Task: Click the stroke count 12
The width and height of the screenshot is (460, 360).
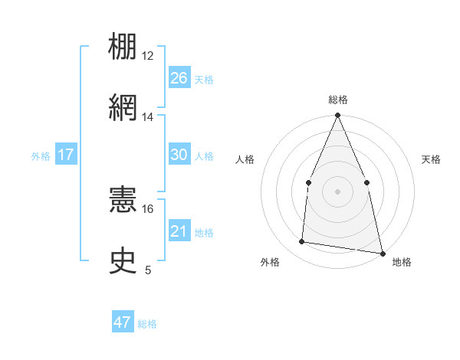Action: [x=148, y=56]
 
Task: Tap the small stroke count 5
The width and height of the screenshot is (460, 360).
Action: [x=148, y=270]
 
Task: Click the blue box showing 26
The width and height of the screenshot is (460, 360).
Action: [x=179, y=78]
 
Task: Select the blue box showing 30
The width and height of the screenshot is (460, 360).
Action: [x=179, y=155]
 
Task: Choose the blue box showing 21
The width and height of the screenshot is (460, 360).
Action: [x=179, y=231]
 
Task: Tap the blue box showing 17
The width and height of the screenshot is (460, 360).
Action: [x=65, y=155]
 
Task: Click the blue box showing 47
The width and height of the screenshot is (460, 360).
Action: [x=123, y=322]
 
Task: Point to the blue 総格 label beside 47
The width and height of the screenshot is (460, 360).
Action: [x=147, y=324]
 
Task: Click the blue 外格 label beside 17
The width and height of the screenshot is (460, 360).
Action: [x=41, y=156]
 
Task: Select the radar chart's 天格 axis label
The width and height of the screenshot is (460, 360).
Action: [x=431, y=159]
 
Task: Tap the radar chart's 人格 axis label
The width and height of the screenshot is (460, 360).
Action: [x=245, y=159]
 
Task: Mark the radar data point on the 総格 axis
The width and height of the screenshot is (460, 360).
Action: [x=337, y=116]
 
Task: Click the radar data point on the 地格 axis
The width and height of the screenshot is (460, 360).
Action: [x=383, y=253]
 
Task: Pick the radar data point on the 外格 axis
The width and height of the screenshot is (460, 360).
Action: [x=302, y=242]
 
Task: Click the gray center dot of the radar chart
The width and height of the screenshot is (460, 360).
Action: [x=337, y=191]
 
